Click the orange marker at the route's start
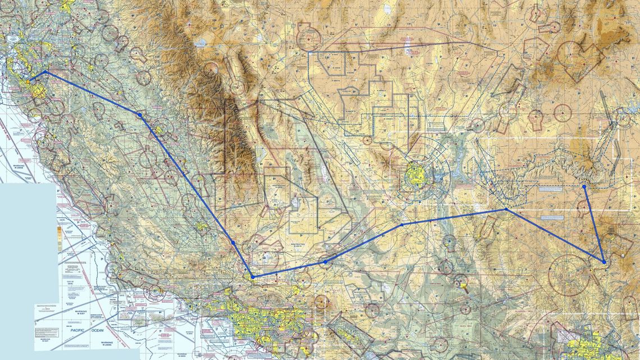(28, 82)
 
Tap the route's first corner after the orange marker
(45, 72)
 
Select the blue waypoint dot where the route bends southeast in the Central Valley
(140, 115)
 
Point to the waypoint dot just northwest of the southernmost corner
(233, 243)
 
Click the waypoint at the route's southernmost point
(253, 277)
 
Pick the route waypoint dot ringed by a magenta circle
(325, 262)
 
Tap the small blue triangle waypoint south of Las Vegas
(402, 225)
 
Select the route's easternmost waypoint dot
(604, 262)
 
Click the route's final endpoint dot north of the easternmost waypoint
(584, 186)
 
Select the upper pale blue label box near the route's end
(550, 189)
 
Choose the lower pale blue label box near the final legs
(552, 217)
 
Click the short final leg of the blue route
(594, 224)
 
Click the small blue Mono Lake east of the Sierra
(200, 42)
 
